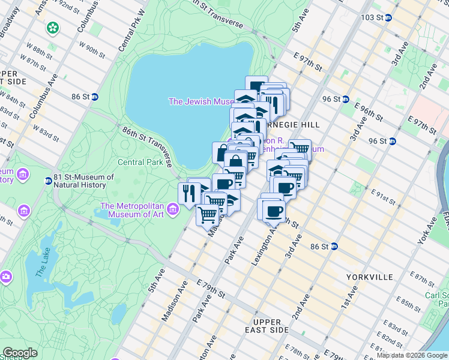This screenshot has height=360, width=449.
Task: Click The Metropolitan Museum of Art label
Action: click(133, 210)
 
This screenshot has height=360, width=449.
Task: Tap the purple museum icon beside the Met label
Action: click(173, 209)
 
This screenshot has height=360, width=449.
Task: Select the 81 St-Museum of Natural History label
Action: click(83, 181)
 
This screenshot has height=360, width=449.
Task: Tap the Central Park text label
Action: click(140, 162)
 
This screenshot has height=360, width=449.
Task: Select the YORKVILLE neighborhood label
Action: click(369, 277)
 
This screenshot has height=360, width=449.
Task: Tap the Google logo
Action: click(20, 353)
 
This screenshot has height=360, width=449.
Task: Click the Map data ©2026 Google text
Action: click(411, 355)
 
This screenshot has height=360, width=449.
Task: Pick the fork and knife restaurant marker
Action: click(188, 193)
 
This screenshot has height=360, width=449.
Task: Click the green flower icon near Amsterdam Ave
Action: click(53, 27)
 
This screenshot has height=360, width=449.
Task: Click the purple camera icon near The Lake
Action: click(5, 277)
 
